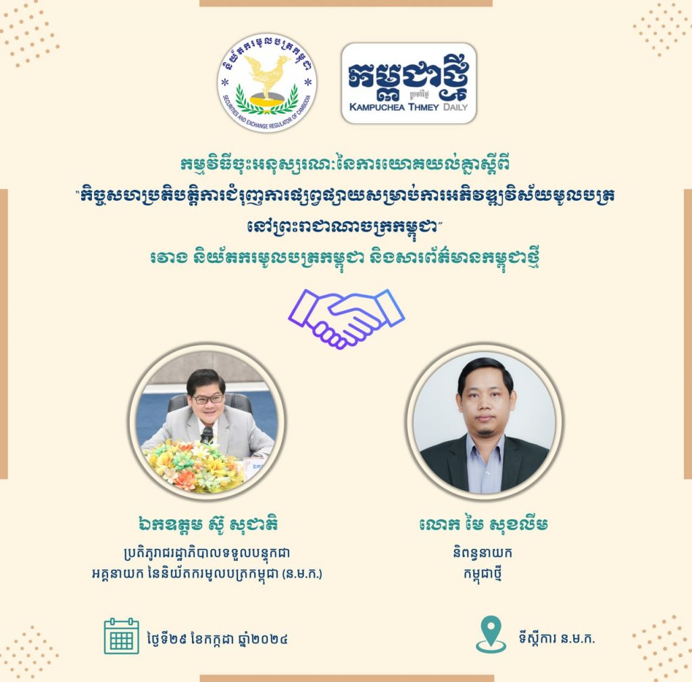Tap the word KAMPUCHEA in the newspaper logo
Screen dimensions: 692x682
point(378,107)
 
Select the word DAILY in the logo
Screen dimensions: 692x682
point(455,107)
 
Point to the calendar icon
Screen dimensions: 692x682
point(122,636)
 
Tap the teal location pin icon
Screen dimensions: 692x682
point(491,634)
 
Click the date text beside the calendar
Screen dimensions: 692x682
point(218,638)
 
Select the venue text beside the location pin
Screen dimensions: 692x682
point(557,638)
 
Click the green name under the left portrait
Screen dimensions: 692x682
point(207,524)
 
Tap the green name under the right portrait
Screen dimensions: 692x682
point(484,524)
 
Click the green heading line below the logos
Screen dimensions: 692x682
point(345,165)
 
